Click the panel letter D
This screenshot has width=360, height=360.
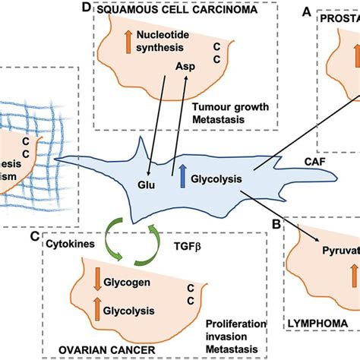pos(88,8)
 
